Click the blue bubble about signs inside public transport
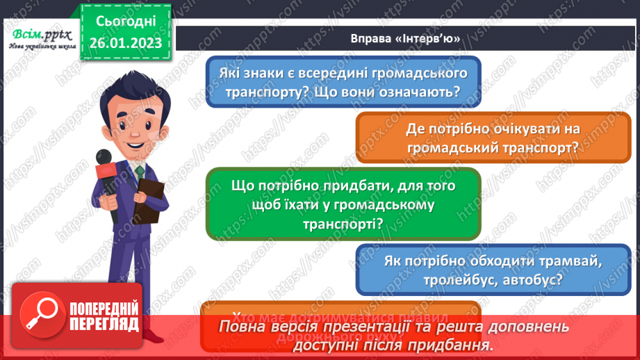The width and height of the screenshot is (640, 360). (x=343, y=83)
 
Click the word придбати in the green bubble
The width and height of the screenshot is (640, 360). (x=356, y=186)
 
